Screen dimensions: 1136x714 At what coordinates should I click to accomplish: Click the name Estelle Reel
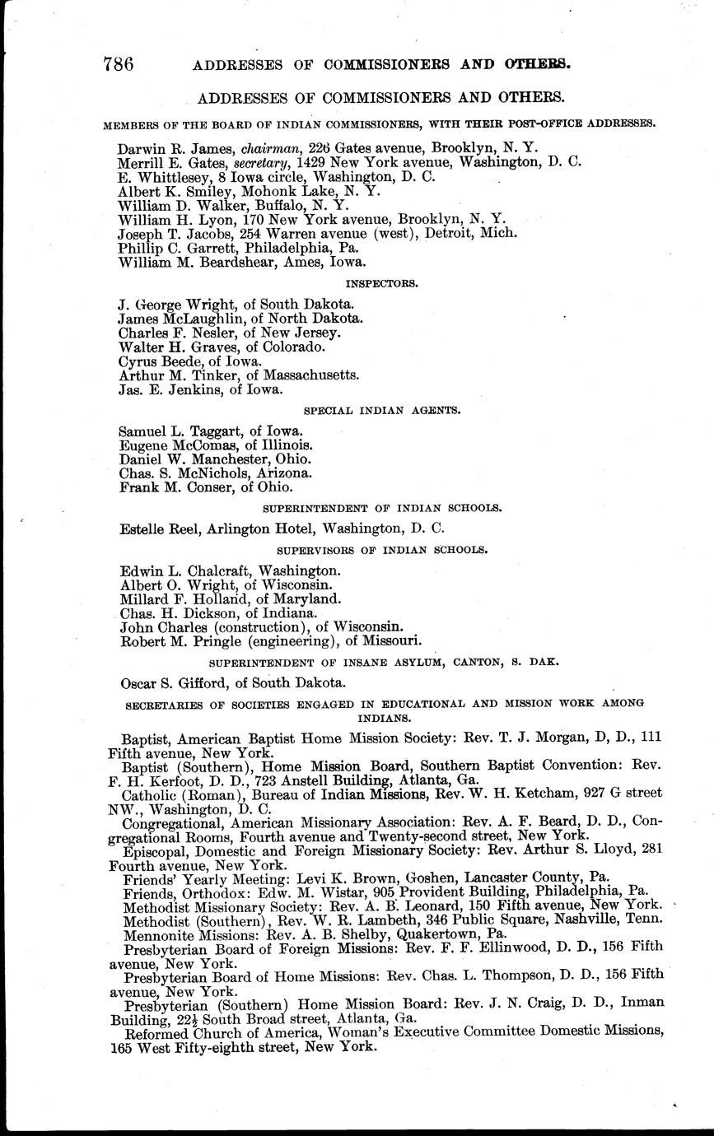click(x=156, y=528)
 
